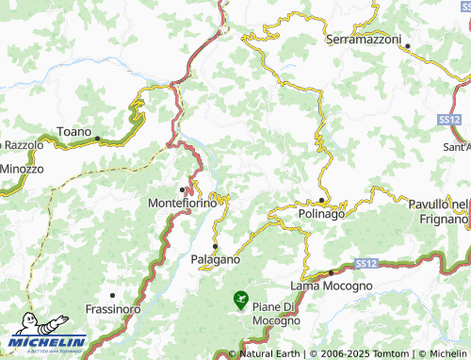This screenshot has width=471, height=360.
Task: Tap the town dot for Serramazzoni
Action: (398, 44)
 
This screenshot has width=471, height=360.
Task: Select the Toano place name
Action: (74, 131)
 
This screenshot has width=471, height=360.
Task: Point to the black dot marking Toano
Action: (97, 138)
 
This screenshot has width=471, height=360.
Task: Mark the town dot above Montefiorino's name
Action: (182, 189)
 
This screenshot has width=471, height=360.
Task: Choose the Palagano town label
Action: (215, 258)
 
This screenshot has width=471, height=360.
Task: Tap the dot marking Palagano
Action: (215, 246)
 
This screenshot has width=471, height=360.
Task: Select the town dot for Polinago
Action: (321, 201)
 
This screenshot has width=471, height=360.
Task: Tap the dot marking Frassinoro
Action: (112, 296)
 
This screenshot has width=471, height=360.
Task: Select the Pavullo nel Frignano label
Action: (438, 211)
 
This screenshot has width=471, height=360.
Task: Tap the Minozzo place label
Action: (21, 169)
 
